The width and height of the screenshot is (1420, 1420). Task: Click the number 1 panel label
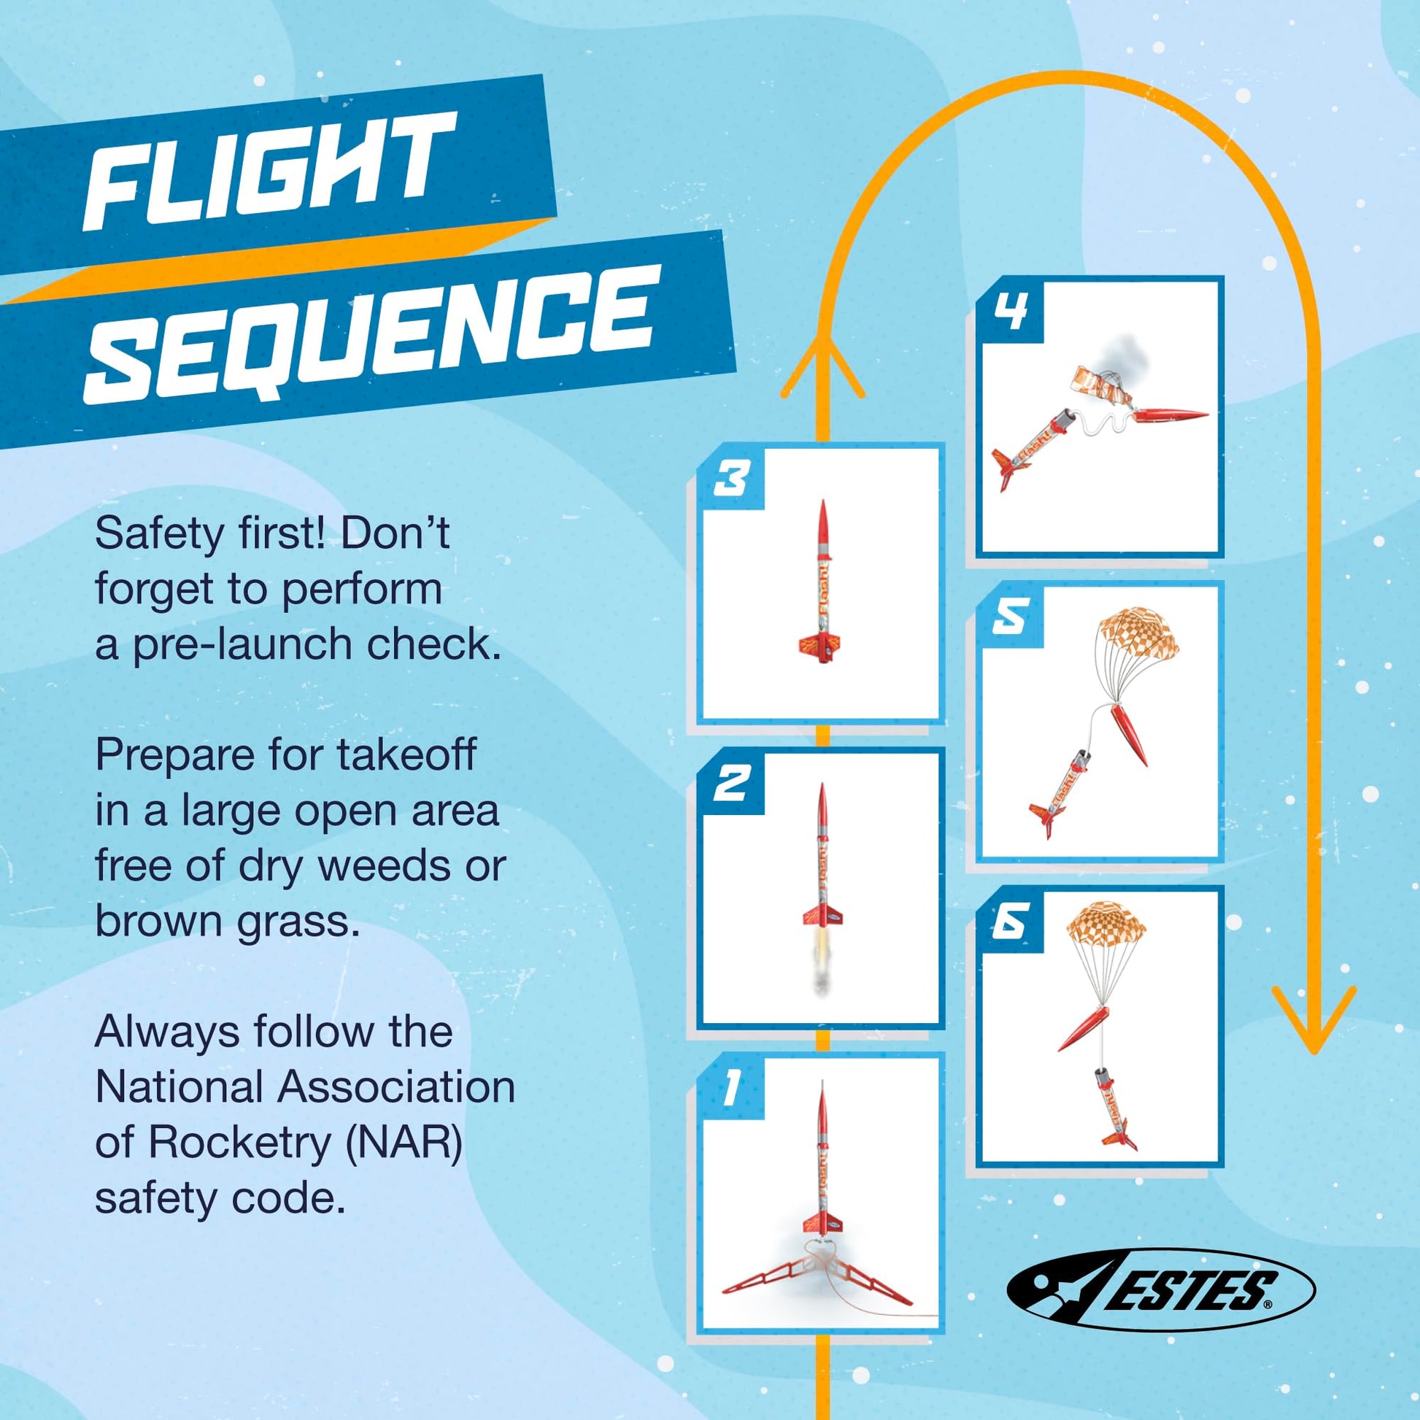[730, 1088]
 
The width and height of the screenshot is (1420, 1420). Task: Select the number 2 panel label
[730, 784]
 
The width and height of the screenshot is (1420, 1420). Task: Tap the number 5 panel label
[1010, 617]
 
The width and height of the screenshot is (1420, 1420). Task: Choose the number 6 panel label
[1010, 922]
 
